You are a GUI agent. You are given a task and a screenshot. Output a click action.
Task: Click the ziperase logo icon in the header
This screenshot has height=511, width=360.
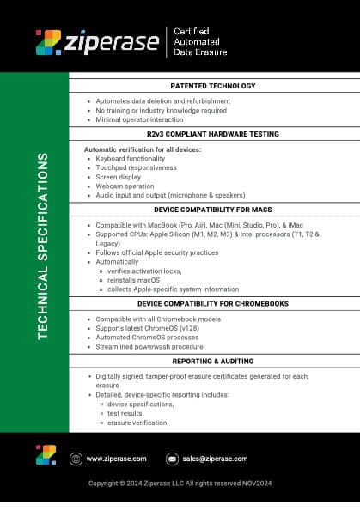(48, 42)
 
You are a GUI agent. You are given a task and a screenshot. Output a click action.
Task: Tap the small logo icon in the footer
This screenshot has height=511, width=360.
(46, 455)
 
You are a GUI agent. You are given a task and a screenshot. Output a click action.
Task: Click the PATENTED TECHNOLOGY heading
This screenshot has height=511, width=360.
(213, 86)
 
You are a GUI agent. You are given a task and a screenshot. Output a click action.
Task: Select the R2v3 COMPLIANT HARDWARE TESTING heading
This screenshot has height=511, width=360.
(213, 135)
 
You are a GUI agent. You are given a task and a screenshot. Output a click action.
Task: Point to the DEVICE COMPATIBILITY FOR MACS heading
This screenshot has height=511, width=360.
(213, 209)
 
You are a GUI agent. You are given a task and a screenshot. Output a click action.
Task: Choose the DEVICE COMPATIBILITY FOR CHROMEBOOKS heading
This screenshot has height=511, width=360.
(213, 303)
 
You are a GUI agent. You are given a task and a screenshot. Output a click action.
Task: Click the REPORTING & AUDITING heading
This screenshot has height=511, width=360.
(213, 362)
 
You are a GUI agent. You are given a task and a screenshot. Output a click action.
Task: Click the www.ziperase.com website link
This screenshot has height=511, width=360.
(116, 459)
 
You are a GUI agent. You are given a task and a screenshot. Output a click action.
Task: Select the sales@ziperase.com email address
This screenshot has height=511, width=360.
(215, 459)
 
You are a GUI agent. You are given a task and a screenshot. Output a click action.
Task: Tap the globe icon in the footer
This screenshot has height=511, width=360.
(76, 459)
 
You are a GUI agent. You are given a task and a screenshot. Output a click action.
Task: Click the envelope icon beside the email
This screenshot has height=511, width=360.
(172, 459)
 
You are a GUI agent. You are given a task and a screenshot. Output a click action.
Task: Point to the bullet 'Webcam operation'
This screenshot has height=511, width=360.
(124, 186)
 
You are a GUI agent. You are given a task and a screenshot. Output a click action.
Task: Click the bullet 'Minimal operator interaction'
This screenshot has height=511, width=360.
(140, 119)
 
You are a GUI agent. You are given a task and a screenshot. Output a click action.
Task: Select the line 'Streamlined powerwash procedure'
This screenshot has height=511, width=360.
(148, 346)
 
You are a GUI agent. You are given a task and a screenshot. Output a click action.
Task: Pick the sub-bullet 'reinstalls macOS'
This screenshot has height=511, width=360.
(135, 280)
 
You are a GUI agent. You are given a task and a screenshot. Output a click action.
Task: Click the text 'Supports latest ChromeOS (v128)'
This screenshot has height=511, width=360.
(147, 328)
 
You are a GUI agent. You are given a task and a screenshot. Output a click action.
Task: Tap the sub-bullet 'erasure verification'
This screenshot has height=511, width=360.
(137, 423)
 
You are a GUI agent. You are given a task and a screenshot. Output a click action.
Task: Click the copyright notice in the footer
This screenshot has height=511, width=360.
(180, 483)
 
